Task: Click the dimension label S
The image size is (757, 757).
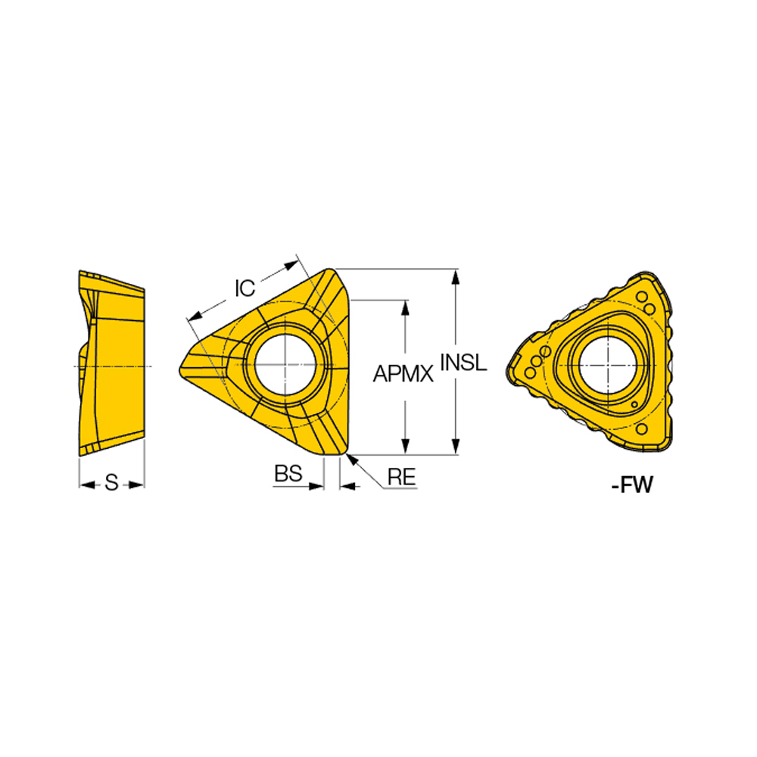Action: click(x=111, y=483)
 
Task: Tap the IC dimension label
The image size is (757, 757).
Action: click(x=245, y=288)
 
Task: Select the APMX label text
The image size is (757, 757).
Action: click(x=403, y=372)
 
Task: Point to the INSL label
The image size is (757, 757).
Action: click(x=463, y=363)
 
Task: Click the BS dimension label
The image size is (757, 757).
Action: click(x=288, y=474)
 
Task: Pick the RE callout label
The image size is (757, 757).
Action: click(x=400, y=476)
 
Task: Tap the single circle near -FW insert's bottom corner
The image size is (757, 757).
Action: click(x=642, y=430)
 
